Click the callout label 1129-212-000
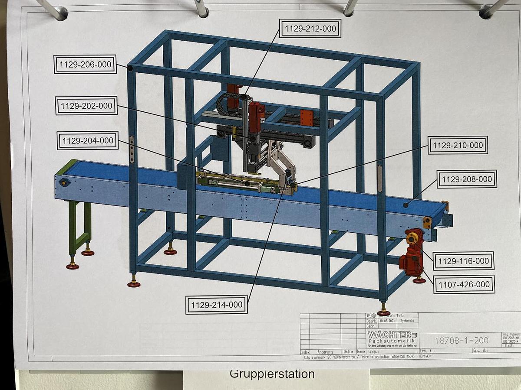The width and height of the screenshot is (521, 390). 310,29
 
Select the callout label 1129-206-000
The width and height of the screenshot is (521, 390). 85,65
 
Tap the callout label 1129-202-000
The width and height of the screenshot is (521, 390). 86,106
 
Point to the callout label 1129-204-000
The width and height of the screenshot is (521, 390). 88,140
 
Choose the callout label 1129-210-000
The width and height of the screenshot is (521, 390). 458,145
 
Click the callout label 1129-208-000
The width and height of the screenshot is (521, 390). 467,179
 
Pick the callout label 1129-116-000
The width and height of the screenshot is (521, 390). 464,261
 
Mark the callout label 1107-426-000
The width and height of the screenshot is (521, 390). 464,285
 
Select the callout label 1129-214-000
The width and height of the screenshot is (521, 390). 216,305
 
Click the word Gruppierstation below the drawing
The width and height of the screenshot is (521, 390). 272,374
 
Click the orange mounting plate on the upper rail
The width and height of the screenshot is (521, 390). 307,117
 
